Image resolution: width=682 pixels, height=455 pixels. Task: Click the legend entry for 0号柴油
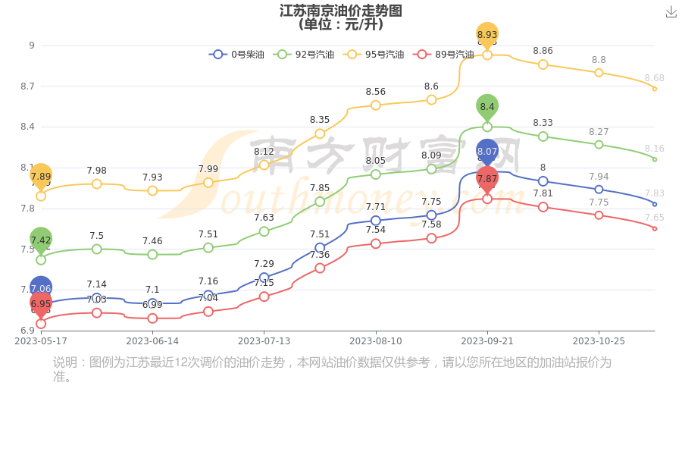pyautogui.click(x=236, y=55)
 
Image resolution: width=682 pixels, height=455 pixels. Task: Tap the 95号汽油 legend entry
pyautogui.click(x=374, y=55)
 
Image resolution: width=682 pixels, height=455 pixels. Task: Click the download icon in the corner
pyautogui.click(x=671, y=12)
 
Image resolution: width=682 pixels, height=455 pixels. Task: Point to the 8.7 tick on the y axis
pyautogui.click(x=27, y=86)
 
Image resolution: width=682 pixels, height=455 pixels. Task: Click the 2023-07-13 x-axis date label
pyautogui.click(x=264, y=341)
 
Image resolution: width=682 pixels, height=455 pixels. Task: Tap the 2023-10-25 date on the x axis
pyautogui.click(x=599, y=341)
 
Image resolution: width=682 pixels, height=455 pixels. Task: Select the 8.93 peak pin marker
pyautogui.click(x=487, y=35)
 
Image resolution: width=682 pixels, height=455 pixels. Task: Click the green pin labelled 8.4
pyautogui.click(x=487, y=107)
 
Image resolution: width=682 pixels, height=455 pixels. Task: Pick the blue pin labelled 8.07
pyautogui.click(x=487, y=152)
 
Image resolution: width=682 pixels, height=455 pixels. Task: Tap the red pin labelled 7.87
pyautogui.click(x=487, y=179)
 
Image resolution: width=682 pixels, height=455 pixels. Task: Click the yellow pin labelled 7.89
pyautogui.click(x=41, y=176)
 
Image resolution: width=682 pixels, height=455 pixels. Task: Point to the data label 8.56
pyautogui.click(x=376, y=92)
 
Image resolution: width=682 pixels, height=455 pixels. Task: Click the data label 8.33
pyautogui.click(x=543, y=123)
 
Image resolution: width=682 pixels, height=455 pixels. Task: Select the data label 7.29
pyautogui.click(x=264, y=264)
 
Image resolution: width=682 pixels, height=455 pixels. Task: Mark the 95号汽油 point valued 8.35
pyautogui.click(x=320, y=133)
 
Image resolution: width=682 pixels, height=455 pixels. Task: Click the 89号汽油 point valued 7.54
pyautogui.click(x=376, y=243)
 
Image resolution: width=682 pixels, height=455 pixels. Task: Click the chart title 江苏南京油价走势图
pyautogui.click(x=341, y=11)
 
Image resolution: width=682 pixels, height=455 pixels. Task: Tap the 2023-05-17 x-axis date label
pyautogui.click(x=41, y=341)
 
